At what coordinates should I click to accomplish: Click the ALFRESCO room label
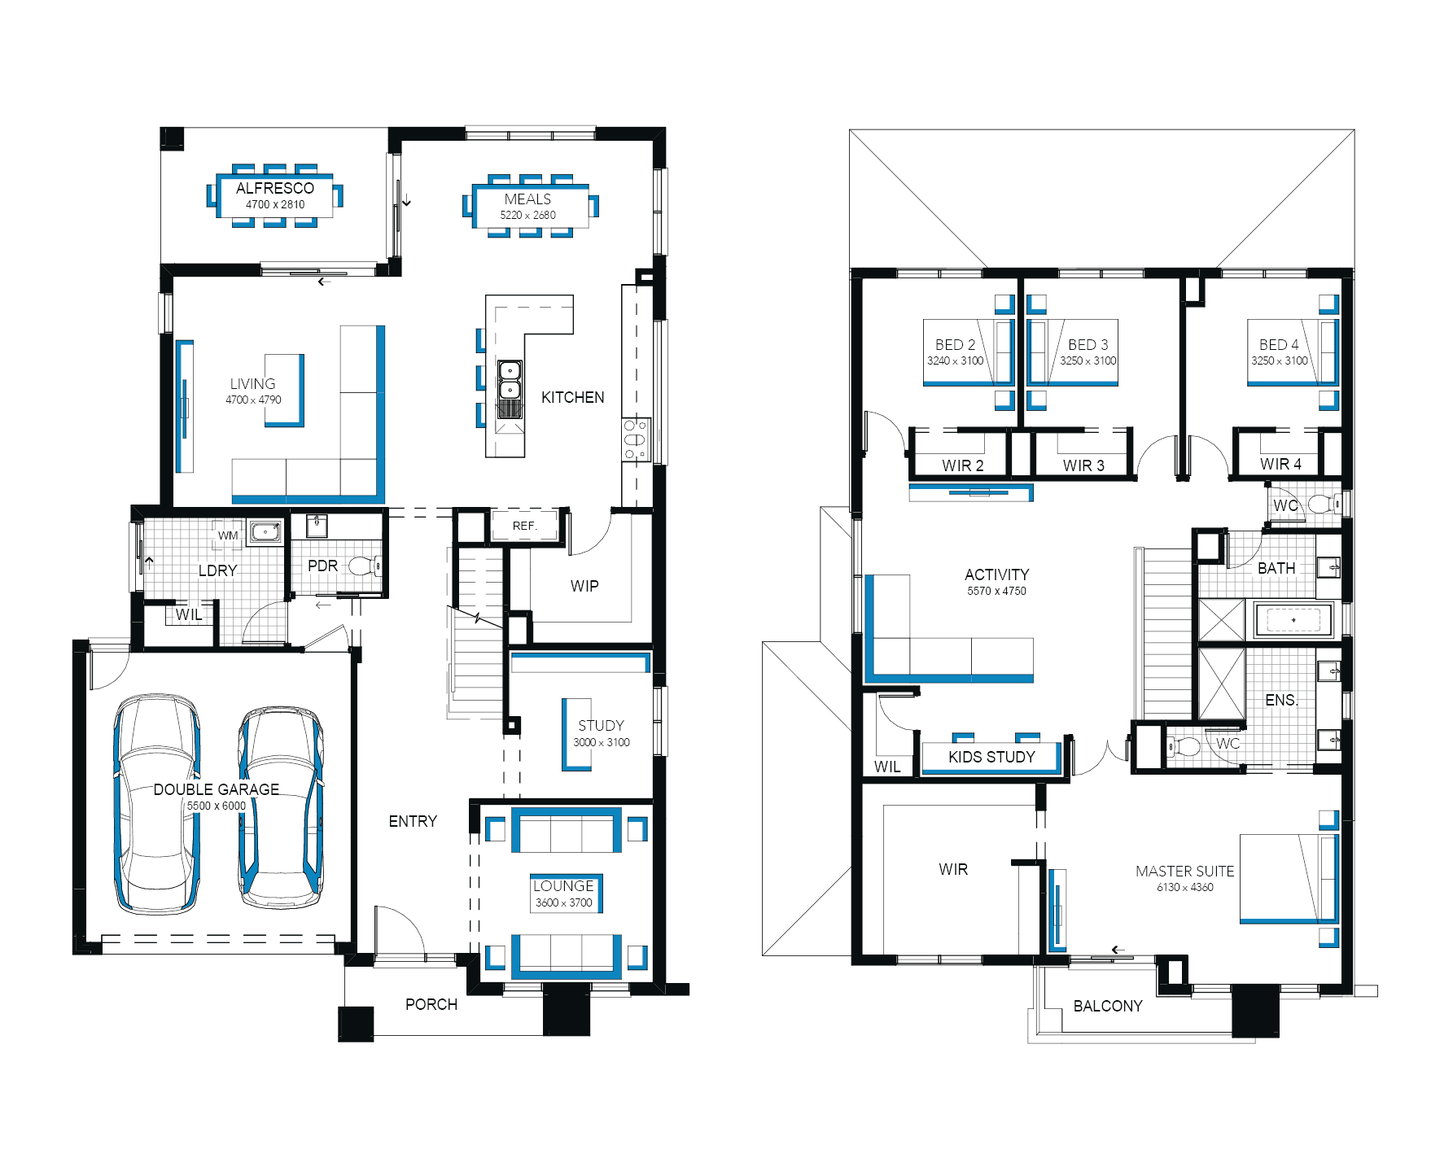coord(275,188)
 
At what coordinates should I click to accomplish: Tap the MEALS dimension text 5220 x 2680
coord(527,216)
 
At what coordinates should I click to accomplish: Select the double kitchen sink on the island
coord(510,380)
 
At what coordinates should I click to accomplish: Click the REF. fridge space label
coord(524,526)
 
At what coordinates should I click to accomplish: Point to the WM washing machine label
coord(228,535)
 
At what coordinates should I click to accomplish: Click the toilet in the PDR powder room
coord(363,566)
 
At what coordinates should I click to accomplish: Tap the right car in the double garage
coord(281,807)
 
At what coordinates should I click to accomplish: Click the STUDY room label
coord(601,725)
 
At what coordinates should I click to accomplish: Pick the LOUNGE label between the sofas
coord(563,886)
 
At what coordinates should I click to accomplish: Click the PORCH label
coord(431,1004)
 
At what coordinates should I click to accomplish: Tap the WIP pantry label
coord(584,586)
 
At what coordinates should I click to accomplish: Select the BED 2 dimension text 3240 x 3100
coord(955,360)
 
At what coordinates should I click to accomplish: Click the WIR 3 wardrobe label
coord(1083,465)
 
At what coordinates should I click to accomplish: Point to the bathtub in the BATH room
coord(1293,620)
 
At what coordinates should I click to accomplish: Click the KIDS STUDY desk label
coord(991,757)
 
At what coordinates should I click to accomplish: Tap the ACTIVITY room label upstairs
coord(996,575)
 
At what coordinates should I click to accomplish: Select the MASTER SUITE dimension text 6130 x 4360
coord(1184,887)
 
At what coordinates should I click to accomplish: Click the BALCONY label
coord(1108,1006)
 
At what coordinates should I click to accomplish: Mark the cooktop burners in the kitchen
coord(635,439)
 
